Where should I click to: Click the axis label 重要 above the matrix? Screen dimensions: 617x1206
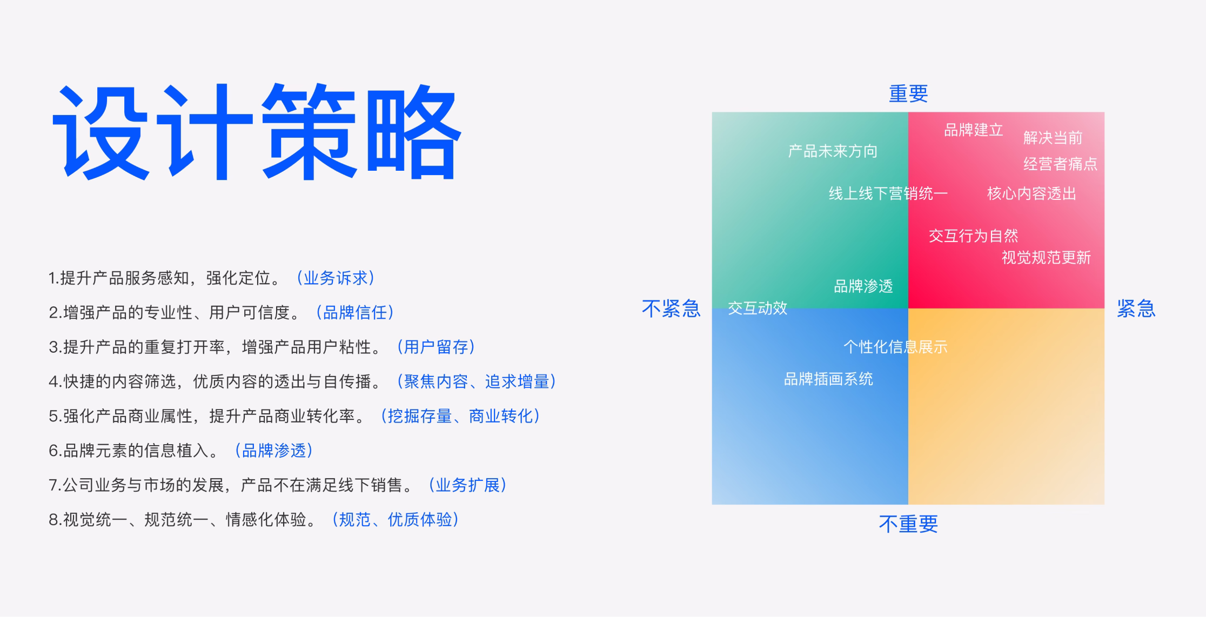pyautogui.click(x=908, y=94)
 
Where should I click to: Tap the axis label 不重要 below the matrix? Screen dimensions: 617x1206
pyautogui.click(x=908, y=524)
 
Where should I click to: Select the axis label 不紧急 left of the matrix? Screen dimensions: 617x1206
pyautogui.click(x=671, y=308)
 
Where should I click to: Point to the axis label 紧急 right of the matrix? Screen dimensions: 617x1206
pyautogui.click(x=1136, y=308)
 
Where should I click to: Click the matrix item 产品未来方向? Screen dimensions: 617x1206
pyautogui.click(x=833, y=151)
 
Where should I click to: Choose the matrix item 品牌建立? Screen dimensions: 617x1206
pyautogui.click(x=973, y=130)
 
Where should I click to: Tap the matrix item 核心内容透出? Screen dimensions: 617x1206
pyautogui.click(x=1031, y=193)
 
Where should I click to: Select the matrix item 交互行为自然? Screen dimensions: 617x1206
pyautogui.click(x=973, y=236)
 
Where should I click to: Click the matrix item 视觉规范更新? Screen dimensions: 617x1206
pyautogui.click(x=1046, y=258)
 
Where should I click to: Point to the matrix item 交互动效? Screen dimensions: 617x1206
pyautogui.click(x=758, y=308)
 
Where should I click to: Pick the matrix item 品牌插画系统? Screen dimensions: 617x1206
pyautogui.click(x=828, y=379)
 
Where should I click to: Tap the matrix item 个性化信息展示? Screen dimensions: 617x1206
pyautogui.click(x=895, y=347)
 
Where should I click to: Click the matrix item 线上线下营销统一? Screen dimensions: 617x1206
pyautogui.click(x=888, y=193)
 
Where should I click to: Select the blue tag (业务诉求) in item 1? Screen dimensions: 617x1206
pyautogui.click(x=336, y=278)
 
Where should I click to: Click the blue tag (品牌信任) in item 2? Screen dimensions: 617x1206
pyautogui.click(x=355, y=312)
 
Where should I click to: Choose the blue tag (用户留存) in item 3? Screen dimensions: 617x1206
pyautogui.click(x=436, y=347)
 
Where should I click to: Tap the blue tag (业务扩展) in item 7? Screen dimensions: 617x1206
pyautogui.click(x=468, y=485)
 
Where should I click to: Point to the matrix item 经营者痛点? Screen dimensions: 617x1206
pyautogui.click(x=1060, y=164)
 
